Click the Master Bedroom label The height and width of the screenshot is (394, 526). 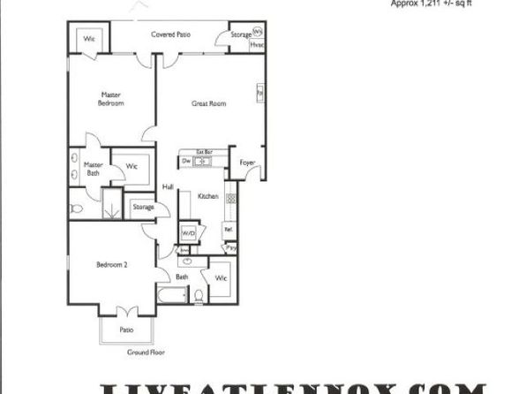[x=110, y=99]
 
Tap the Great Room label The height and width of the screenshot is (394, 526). [x=209, y=103]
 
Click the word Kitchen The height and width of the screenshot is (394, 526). [x=207, y=195]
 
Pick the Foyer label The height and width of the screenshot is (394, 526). [x=248, y=162]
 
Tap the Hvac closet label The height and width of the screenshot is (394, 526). [x=258, y=43]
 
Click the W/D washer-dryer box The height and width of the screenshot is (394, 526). [x=188, y=233]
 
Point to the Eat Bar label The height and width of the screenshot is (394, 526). [x=205, y=152]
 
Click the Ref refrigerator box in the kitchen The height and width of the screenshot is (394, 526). [x=228, y=230]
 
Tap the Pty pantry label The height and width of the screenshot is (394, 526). [x=231, y=249]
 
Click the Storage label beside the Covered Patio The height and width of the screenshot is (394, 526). [x=240, y=35]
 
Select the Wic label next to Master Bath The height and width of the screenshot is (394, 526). [x=131, y=165]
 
